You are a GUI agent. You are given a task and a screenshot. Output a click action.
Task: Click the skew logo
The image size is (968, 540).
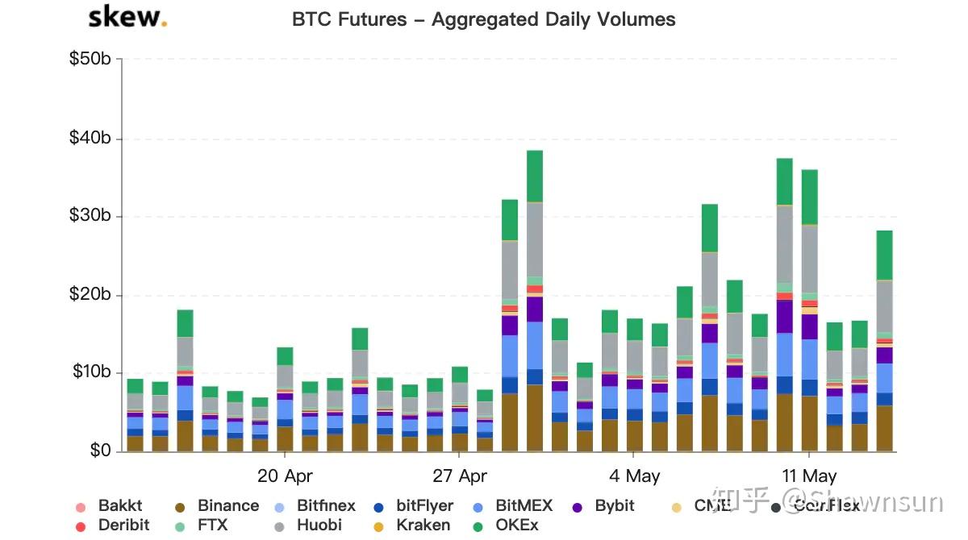click(127, 17)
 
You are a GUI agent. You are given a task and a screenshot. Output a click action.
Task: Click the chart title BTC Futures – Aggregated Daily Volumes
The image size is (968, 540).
click(483, 19)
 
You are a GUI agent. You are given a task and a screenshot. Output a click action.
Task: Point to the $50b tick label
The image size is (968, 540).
click(94, 60)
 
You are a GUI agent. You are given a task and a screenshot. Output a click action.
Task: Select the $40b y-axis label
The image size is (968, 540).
click(94, 139)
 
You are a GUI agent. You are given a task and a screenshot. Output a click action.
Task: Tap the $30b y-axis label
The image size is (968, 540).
click(94, 216)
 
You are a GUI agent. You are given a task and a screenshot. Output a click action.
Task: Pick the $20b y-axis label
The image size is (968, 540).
click(94, 294)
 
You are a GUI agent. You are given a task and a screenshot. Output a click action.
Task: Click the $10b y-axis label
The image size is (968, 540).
click(94, 372)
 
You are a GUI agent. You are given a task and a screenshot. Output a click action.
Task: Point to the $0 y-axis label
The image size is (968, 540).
click(100, 451)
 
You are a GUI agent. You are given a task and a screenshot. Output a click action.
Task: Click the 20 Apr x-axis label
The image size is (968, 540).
click(285, 476)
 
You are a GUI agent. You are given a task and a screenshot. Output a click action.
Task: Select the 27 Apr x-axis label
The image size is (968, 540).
click(460, 476)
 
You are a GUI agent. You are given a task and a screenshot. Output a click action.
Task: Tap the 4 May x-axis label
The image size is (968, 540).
click(634, 476)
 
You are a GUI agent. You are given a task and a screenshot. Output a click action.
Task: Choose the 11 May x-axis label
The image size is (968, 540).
click(809, 476)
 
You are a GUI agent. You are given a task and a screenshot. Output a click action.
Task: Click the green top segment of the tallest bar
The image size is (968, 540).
click(546, 176)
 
